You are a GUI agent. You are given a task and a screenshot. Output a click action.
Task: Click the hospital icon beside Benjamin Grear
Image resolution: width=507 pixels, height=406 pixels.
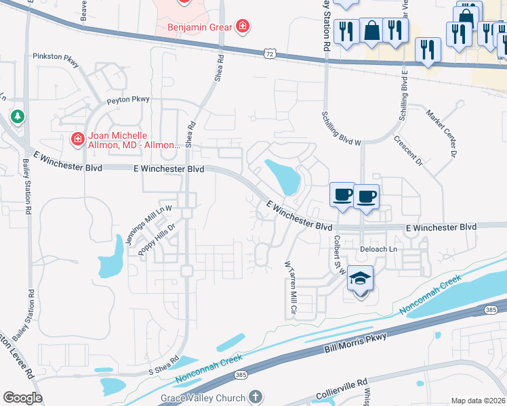click(x=243, y=28)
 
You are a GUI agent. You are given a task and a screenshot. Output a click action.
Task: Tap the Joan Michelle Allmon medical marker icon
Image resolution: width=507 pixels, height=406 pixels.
click(x=78, y=139)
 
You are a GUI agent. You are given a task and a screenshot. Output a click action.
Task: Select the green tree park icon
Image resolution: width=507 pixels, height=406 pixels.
click(x=17, y=117)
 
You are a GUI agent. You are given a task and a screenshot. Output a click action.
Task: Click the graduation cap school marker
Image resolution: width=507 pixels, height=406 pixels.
click(x=361, y=279)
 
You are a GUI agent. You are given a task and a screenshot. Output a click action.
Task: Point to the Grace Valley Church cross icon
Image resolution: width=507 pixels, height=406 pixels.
click(x=256, y=396)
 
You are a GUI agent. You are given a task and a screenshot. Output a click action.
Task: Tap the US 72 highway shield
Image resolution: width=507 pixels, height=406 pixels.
click(x=270, y=52)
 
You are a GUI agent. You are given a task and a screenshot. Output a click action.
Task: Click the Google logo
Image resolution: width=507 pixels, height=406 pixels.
click(x=22, y=398)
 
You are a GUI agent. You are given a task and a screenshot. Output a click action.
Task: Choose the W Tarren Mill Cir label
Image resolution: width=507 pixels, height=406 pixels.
click(x=290, y=289)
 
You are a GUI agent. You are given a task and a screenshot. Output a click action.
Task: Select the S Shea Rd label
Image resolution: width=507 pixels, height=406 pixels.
click(x=163, y=365)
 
